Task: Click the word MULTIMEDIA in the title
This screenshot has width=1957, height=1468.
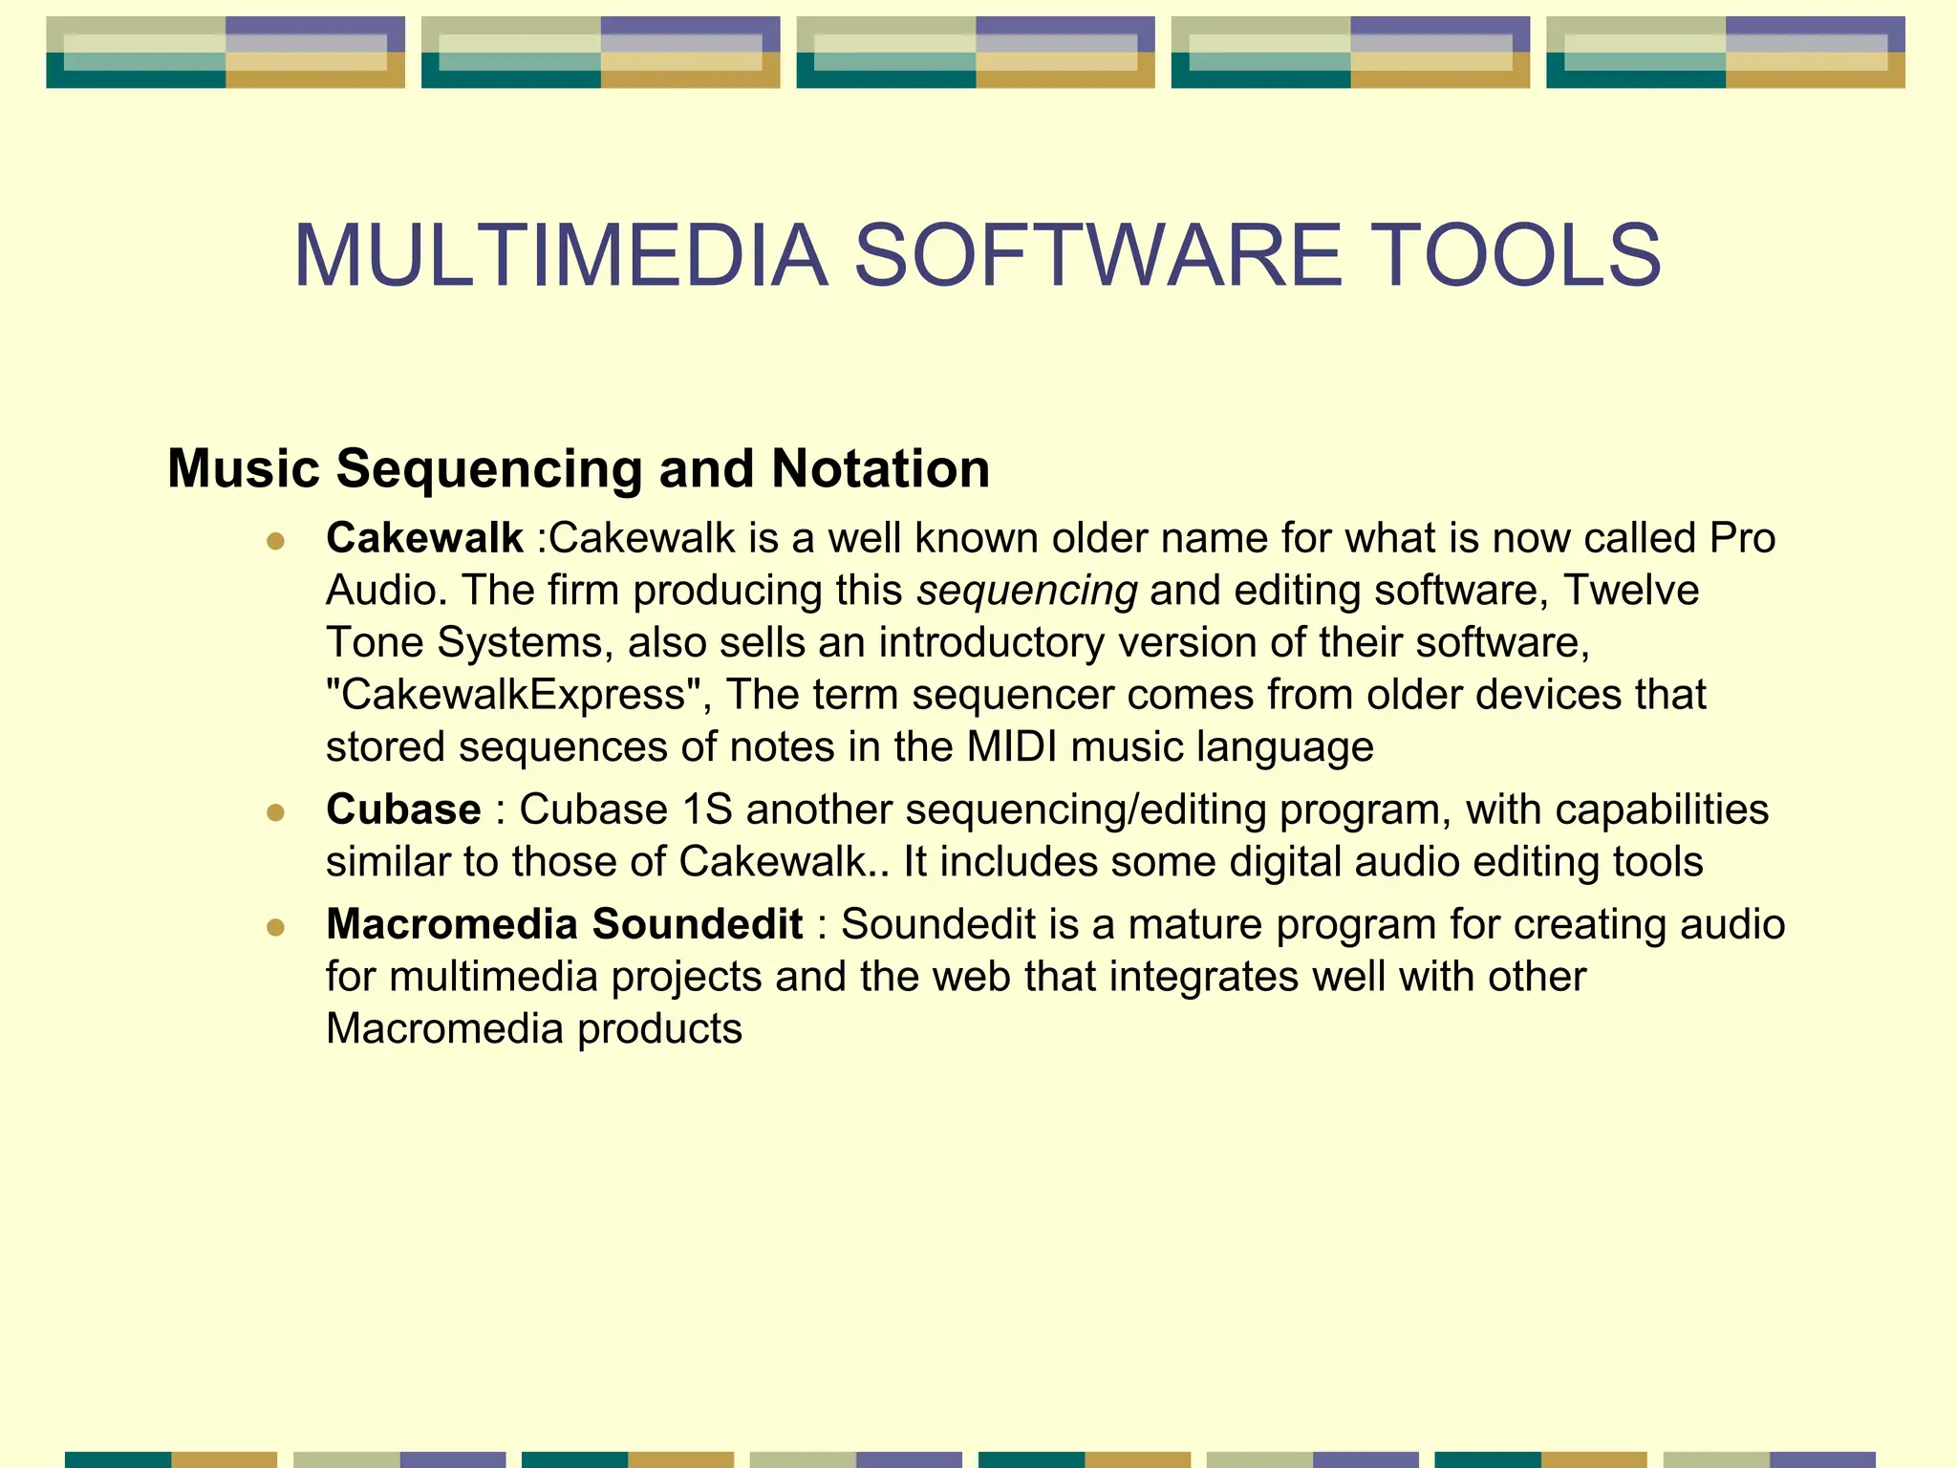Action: pyautogui.click(x=561, y=256)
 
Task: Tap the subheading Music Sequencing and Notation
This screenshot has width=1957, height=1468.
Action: pyautogui.click(x=578, y=469)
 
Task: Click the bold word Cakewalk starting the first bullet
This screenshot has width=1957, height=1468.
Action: pyautogui.click(x=424, y=538)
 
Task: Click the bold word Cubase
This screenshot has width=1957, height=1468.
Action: pyautogui.click(x=403, y=810)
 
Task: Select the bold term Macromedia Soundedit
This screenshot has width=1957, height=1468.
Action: pyautogui.click(x=564, y=924)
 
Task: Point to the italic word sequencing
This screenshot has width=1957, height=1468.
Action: pyautogui.click(x=1026, y=592)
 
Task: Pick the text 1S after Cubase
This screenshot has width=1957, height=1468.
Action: pyautogui.click(x=707, y=810)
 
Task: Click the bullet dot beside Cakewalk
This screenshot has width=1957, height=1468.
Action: pyautogui.click(x=276, y=542)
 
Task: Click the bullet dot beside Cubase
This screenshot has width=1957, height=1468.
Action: pyautogui.click(x=276, y=813)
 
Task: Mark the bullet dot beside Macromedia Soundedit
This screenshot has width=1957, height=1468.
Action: pyautogui.click(x=276, y=928)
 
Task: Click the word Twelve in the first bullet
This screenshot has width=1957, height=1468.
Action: pyautogui.click(x=1630, y=591)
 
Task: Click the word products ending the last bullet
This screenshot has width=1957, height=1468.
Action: pyautogui.click(x=659, y=1029)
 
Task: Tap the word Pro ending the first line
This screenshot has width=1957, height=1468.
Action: pyautogui.click(x=1741, y=538)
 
